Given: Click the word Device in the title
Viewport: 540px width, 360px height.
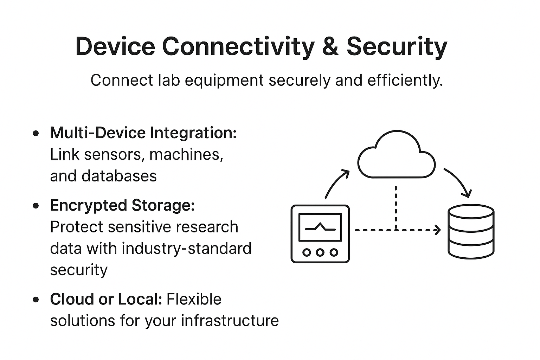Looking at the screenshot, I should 115,46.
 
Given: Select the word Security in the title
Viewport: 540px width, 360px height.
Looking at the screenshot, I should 397,47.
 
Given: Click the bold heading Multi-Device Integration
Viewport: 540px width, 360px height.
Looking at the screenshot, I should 143,133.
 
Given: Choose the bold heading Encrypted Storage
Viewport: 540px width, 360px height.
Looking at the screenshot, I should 122,206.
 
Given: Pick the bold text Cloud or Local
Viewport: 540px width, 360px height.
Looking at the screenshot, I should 106,300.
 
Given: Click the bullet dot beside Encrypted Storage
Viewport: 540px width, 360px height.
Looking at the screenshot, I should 36,206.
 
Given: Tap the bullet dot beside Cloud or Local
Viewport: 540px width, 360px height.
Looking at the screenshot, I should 36,300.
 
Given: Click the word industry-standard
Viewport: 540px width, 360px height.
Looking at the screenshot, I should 186,249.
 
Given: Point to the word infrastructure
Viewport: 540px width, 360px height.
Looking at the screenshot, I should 230,321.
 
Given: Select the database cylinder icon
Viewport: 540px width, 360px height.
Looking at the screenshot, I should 471,231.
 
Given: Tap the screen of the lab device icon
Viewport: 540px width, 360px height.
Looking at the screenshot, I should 320,227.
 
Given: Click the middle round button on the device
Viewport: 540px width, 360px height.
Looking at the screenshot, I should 320,252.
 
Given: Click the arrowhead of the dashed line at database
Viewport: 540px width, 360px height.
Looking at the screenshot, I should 438,230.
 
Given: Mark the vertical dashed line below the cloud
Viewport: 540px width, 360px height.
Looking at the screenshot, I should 396,207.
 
